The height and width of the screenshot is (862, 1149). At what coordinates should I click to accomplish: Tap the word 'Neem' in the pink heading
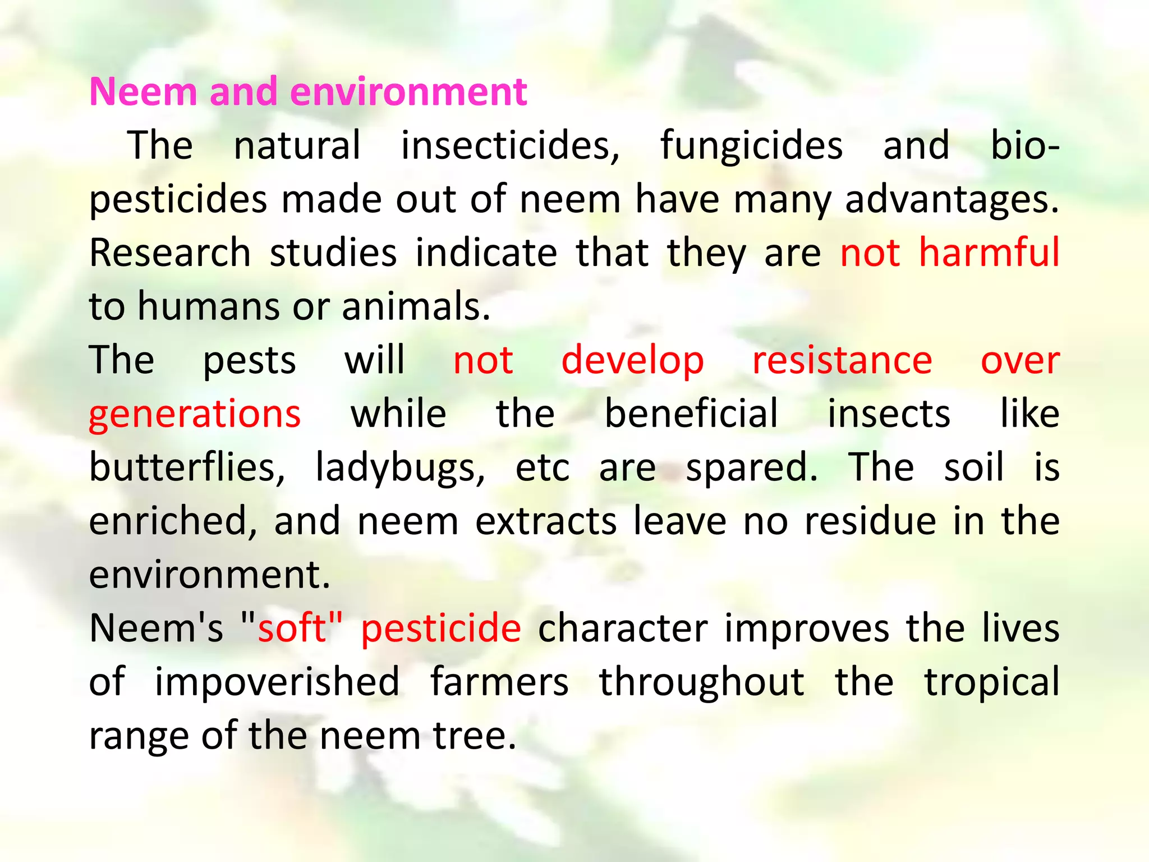pyautogui.click(x=144, y=91)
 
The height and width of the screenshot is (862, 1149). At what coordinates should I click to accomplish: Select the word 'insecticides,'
pyautogui.click(x=510, y=145)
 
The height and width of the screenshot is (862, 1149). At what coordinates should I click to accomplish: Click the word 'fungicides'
pyautogui.click(x=751, y=145)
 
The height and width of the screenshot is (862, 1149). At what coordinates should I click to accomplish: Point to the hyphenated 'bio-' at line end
pyautogui.click(x=1025, y=145)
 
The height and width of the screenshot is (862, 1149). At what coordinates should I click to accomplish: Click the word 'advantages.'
pyautogui.click(x=952, y=199)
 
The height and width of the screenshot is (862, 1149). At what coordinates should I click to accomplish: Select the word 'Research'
pyautogui.click(x=170, y=253)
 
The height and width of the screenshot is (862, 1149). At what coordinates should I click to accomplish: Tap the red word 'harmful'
pyautogui.click(x=989, y=253)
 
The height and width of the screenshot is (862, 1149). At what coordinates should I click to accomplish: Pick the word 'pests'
pyautogui.click(x=249, y=360)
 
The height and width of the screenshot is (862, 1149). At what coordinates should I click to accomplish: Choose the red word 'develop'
pyautogui.click(x=632, y=360)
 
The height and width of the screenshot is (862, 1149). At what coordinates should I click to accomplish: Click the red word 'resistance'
pyautogui.click(x=842, y=360)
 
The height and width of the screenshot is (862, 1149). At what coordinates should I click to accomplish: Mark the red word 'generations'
pyautogui.click(x=195, y=414)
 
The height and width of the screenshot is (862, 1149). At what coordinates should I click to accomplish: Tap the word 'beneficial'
pyautogui.click(x=691, y=414)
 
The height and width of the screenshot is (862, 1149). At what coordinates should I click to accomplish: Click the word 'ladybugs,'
pyautogui.click(x=400, y=467)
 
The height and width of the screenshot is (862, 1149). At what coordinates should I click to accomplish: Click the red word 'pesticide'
pyautogui.click(x=441, y=628)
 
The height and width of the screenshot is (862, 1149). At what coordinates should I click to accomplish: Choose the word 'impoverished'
pyautogui.click(x=277, y=682)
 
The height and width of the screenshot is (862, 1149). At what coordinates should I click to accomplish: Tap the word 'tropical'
pyautogui.click(x=992, y=682)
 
